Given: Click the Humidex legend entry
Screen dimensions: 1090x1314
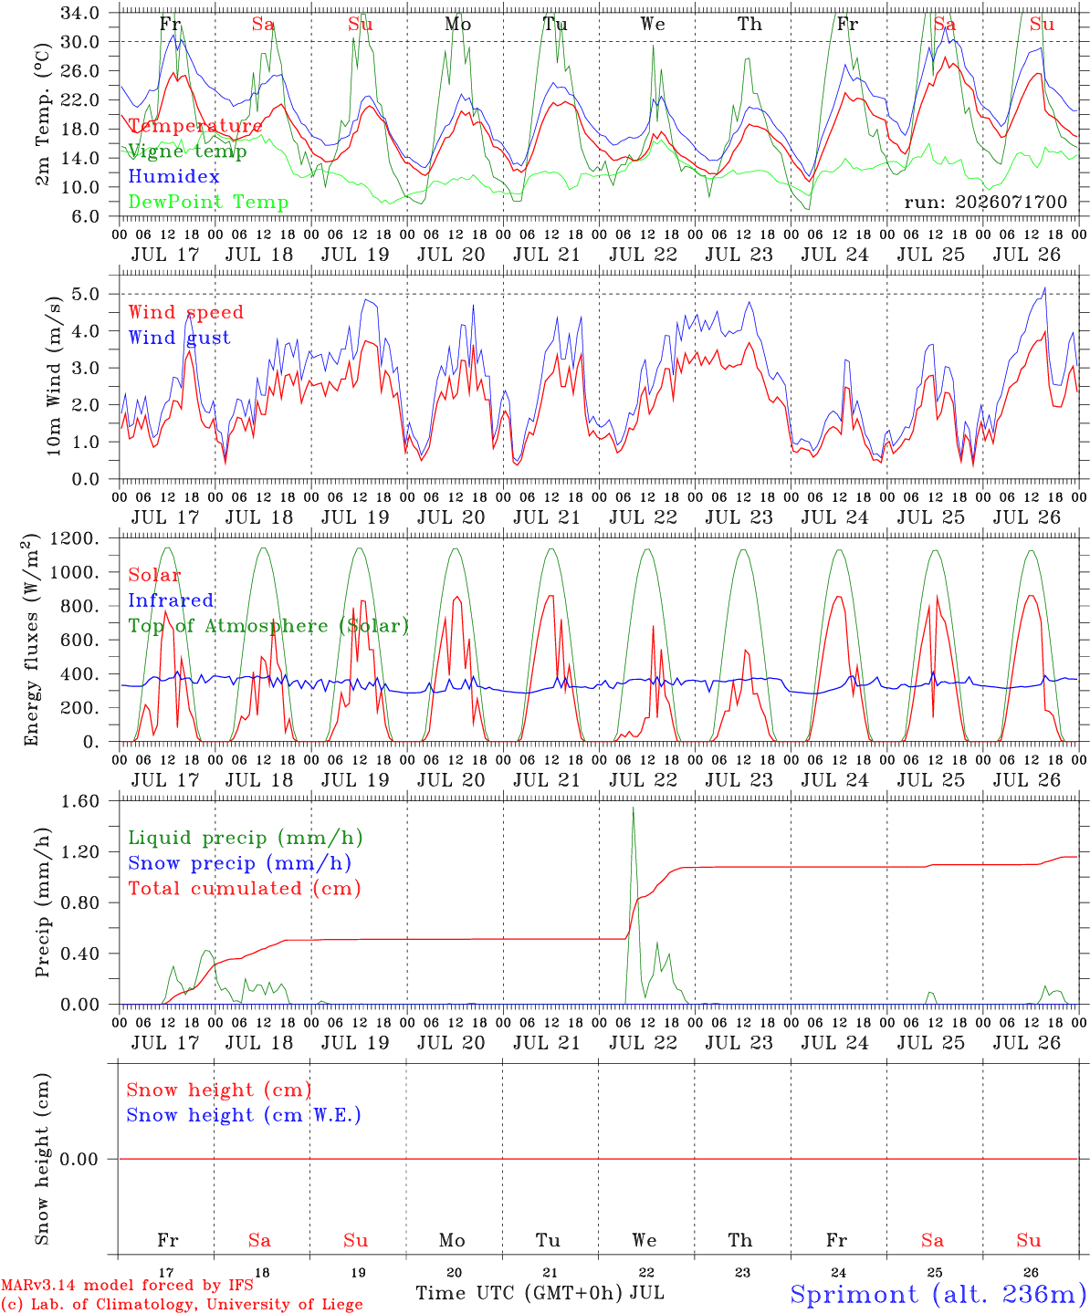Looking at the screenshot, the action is point(173,176).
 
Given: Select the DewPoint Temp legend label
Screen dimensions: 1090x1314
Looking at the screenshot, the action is point(208,202).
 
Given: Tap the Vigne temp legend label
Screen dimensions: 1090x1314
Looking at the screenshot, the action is point(187,151).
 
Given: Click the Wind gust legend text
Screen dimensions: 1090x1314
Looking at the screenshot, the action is point(180,338).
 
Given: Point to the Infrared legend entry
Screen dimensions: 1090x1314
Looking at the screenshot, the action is point(171,600).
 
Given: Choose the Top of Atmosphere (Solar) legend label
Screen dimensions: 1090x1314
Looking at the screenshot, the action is point(269,626).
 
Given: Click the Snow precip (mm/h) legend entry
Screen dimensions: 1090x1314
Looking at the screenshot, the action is point(240,863).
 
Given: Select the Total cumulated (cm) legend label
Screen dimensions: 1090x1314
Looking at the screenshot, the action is point(245,889).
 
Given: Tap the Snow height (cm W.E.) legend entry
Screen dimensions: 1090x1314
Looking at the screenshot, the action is point(244,1115).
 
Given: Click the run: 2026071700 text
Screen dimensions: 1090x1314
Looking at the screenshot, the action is point(985,202).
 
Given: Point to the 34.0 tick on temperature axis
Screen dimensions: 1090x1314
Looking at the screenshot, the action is point(79,13).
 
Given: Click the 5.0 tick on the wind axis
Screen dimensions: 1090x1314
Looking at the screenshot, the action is point(85,294).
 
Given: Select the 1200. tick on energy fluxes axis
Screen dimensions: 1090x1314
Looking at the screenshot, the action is point(74,538).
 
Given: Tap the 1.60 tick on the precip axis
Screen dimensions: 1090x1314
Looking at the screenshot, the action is point(80,801).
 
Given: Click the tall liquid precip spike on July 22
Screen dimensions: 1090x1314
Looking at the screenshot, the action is point(633,808).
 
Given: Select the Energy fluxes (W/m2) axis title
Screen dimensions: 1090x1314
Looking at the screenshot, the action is point(31,640).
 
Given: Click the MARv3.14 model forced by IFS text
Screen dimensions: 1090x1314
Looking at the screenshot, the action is point(127,1285).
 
